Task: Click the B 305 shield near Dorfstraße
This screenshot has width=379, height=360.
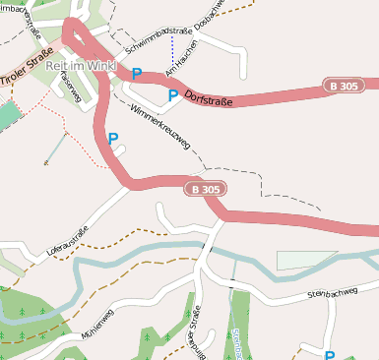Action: point(345,88)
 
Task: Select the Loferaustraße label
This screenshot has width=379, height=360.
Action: point(67,241)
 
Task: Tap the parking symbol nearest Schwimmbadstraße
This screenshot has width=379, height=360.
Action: point(137,74)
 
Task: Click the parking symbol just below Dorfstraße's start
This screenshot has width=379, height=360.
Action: point(173,95)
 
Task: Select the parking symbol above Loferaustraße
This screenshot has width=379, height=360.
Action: point(113,139)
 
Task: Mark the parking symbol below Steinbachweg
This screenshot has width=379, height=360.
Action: point(330,355)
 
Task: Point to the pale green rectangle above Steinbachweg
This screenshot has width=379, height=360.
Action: point(307,260)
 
